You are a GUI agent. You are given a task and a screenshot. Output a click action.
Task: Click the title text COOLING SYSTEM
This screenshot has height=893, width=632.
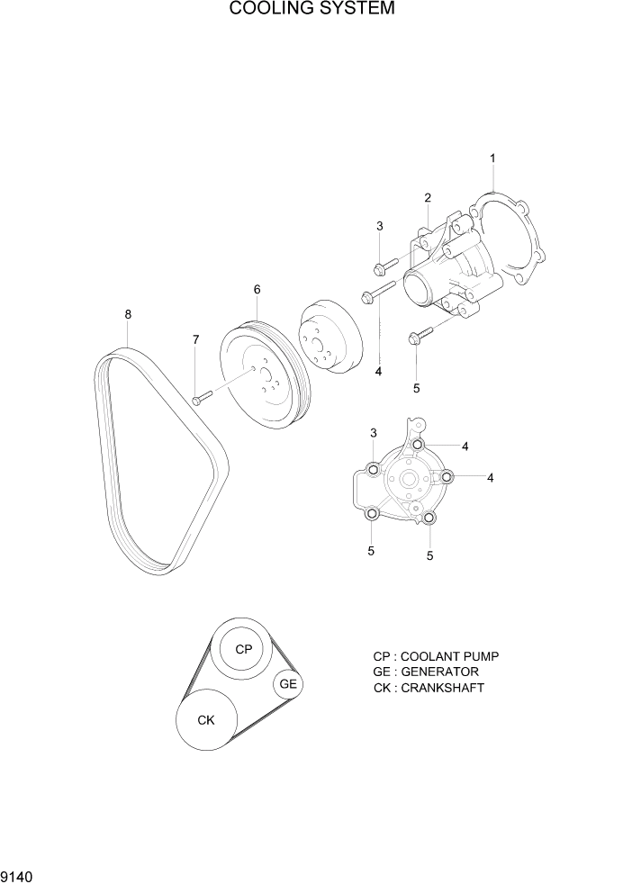coord(312,10)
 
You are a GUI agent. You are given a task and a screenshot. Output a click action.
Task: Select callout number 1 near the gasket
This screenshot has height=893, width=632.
coord(492,158)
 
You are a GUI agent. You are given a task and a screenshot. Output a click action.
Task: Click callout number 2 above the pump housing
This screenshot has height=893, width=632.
coord(428,198)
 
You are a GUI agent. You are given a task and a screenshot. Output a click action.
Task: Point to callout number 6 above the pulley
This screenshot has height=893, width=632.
coord(257,290)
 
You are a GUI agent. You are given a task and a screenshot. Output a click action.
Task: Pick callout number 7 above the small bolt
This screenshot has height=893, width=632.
coord(195,339)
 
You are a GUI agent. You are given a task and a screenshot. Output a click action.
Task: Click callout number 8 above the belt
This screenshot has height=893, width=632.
coord(128,314)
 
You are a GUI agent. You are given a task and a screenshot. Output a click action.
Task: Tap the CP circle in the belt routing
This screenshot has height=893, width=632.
coord(243,649)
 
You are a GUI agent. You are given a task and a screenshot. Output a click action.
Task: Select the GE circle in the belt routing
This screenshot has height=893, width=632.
coord(288,684)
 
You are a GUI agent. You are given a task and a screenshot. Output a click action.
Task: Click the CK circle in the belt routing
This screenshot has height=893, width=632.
coord(206,719)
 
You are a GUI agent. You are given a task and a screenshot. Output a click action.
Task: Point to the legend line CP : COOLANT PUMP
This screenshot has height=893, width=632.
coord(436,656)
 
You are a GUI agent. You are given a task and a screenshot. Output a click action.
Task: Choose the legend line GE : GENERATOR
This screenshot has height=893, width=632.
coord(426,672)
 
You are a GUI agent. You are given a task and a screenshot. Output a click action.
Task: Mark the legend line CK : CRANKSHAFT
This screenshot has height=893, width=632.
coord(429,688)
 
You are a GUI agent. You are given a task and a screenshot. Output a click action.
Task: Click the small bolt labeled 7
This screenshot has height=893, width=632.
coord(201,397)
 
